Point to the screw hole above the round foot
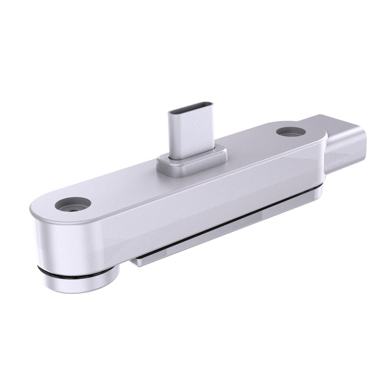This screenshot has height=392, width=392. pos(73,204)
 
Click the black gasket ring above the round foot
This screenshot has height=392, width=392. pos(78,272)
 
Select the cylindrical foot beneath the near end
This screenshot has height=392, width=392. pos(81,282)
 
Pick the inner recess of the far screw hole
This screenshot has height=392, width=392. pos(291,132)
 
